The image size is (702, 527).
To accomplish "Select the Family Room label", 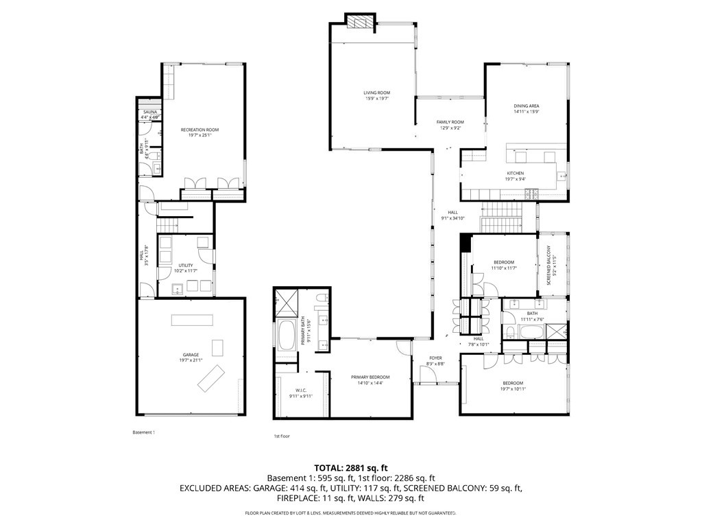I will click(450, 122).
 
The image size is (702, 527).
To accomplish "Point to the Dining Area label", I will click(526, 106).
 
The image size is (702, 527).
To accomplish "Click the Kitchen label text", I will click(516, 173).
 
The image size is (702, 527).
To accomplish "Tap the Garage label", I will click(191, 355).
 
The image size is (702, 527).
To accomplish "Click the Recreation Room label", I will click(199, 130).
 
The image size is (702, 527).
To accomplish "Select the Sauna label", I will click(149, 111).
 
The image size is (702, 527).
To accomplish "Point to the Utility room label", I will click(186, 266).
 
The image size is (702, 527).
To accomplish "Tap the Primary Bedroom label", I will click(370, 377).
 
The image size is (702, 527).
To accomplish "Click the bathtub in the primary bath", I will click(287, 336).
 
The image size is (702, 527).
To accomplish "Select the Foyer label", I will click(435, 358).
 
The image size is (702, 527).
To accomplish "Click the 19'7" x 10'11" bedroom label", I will click(513, 383).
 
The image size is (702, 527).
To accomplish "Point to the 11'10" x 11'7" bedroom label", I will click(503, 262).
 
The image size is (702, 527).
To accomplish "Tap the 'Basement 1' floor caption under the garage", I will click(144, 432).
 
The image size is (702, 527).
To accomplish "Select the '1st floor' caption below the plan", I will click(282, 436).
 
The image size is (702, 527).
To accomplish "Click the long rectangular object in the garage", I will click(193, 320).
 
